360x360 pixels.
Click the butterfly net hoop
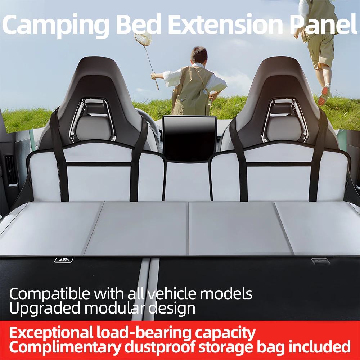[x=143, y=39]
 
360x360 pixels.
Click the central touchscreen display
[x=189, y=138]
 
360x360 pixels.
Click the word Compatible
[x=50, y=294]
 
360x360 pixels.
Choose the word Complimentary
[x=64, y=347]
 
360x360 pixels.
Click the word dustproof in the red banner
[x=165, y=347]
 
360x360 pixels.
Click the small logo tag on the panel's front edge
[x=63, y=260]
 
